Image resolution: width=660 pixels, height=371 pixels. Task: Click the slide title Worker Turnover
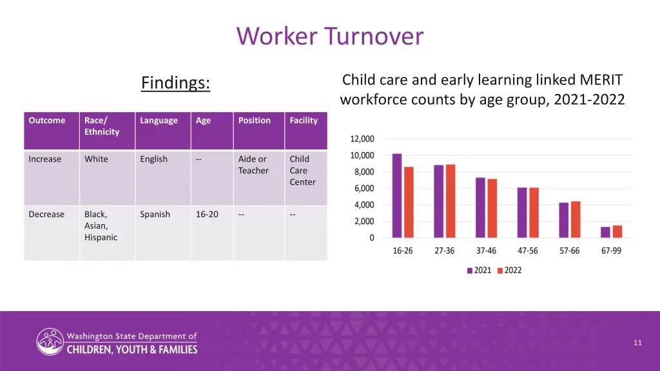coord(330,36)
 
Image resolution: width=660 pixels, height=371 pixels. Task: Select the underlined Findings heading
coord(175,83)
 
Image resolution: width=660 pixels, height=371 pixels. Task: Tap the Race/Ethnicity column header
coord(102,126)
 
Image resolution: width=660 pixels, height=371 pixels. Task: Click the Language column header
coord(159,120)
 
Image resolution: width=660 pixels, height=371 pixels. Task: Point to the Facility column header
coord(304,120)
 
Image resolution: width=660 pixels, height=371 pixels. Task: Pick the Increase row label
coord(45,159)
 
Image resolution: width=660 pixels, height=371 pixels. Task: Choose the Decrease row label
coord(46,214)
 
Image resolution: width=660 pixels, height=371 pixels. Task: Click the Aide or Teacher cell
coord(253,165)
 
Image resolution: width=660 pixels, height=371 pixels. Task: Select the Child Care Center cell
coord(302,171)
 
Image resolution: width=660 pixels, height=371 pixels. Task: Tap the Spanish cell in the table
coord(155,214)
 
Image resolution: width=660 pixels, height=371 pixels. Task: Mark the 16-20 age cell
coord(207,214)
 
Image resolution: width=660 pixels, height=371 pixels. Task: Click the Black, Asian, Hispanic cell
coord(101,225)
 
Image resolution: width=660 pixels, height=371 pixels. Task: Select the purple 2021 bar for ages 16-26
coord(397,196)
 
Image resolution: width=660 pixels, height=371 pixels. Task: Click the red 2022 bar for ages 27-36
coord(451,201)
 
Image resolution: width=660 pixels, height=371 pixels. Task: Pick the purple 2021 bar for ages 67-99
coord(605,232)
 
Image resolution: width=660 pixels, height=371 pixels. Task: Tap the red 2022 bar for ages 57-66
coord(576,220)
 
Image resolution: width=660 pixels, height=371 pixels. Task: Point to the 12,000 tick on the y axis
coord(362,139)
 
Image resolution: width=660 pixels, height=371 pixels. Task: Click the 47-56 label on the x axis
coord(528,251)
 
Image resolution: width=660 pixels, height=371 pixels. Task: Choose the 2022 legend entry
coord(509,271)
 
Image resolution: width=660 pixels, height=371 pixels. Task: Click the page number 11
coord(637,343)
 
